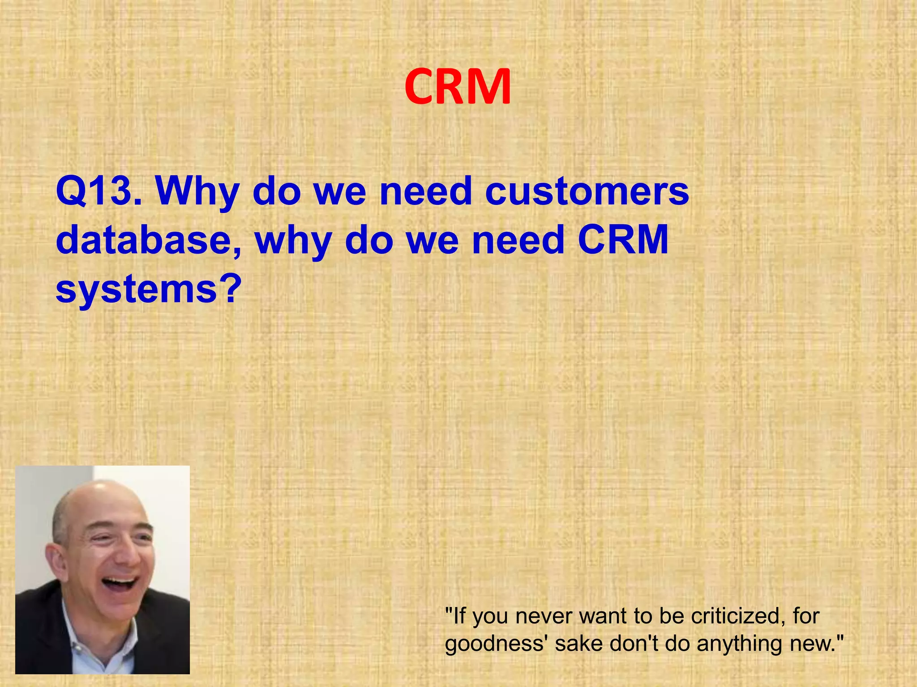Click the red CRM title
458,87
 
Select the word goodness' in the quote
497,644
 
